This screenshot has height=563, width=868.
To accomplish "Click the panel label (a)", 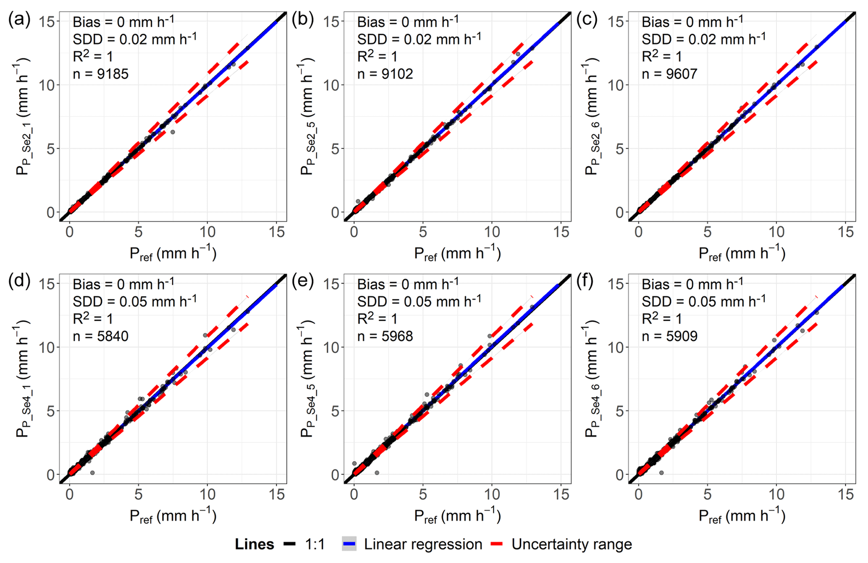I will click(19, 20).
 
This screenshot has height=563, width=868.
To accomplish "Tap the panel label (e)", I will click(303, 282).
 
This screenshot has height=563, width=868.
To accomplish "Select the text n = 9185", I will click(101, 74).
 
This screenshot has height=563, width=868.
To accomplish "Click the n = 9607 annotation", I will click(669, 74).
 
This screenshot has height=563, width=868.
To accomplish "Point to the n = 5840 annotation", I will click(101, 336).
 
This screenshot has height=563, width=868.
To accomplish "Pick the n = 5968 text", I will click(385, 336).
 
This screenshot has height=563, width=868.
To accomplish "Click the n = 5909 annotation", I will click(669, 336).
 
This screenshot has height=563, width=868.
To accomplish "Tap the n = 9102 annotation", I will click(385, 74).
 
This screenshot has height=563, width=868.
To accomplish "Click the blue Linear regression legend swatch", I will click(349, 545).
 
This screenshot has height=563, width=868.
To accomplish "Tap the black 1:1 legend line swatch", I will click(290, 545).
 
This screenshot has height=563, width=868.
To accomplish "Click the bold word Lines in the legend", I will click(254, 545).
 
